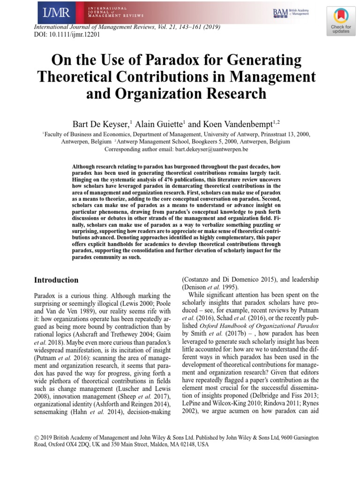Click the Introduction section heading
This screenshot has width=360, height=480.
point(56,280)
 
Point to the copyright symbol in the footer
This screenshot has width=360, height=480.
point(37,437)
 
